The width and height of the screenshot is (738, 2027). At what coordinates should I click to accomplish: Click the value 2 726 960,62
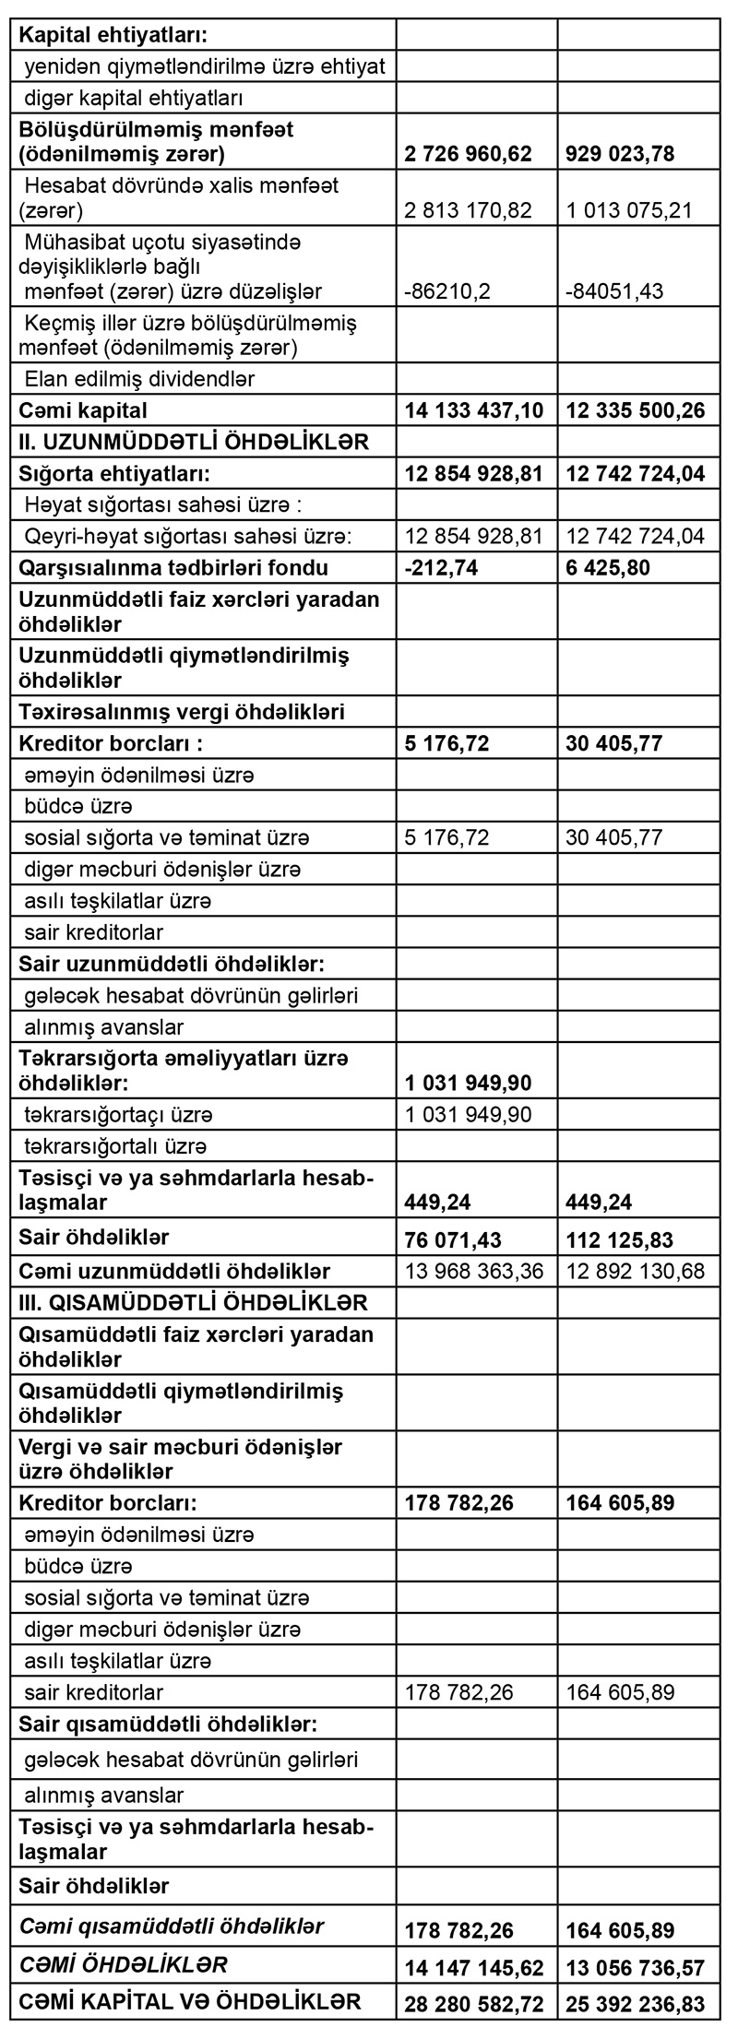coord(468,153)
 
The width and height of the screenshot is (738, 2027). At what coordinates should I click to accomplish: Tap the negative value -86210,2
coord(447,292)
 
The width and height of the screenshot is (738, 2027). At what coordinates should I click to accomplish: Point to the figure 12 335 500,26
coord(636,410)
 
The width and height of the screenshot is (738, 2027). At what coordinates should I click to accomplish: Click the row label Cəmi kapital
coord(83,410)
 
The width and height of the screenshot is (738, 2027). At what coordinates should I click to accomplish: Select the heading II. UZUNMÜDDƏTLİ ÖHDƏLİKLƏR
coord(194,442)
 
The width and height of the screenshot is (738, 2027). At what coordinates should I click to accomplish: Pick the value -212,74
coord(441,567)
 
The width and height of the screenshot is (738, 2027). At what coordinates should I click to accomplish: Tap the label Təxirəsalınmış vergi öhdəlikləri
coord(182,712)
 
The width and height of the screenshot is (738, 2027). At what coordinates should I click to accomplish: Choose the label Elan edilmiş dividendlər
coord(139,379)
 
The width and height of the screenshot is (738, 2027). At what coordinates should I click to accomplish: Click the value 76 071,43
coord(453,1239)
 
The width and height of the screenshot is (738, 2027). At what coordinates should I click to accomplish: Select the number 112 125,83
coord(620,1239)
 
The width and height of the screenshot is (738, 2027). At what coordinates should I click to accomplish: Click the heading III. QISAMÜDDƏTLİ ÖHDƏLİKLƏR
coord(194,1303)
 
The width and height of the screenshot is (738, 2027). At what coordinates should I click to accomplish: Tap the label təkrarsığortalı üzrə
coord(115,1146)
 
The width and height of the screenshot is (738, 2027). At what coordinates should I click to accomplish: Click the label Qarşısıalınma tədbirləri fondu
coord(173,567)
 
